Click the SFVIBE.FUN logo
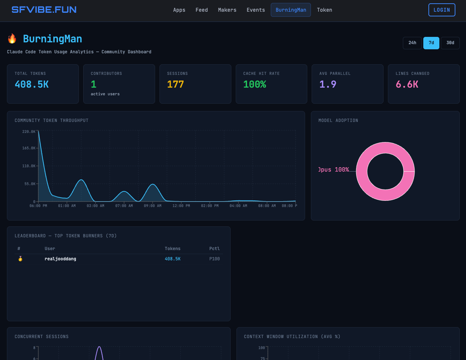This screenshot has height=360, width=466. pyautogui.click(x=44, y=10)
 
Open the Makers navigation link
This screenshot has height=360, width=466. pyautogui.click(x=227, y=10)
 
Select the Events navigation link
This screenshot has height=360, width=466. pyautogui.click(x=255, y=10)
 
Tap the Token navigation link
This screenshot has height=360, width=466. pyautogui.click(x=324, y=10)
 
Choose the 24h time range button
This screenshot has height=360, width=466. pyautogui.click(x=412, y=43)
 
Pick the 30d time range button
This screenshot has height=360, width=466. pyautogui.click(x=450, y=43)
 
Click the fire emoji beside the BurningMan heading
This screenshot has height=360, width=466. pyautogui.click(x=12, y=39)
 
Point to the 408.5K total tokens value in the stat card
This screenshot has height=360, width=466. pyautogui.click(x=31, y=84)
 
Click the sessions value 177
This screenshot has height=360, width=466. pyautogui.click(x=175, y=84)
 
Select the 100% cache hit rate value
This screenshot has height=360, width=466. pyautogui.click(x=254, y=84)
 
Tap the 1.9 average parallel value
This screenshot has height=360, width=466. pyautogui.click(x=328, y=84)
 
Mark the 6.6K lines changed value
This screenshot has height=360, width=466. pyautogui.click(x=407, y=84)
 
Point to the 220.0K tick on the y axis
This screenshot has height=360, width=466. pyautogui.click(x=29, y=131)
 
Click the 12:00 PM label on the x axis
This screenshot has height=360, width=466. pyautogui.click(x=181, y=206)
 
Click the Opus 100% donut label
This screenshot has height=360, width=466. pyautogui.click(x=334, y=170)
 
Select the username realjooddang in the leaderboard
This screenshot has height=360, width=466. pyautogui.click(x=60, y=259)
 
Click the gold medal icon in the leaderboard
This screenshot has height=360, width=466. pyautogui.click(x=20, y=259)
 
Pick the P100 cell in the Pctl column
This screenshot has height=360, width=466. pyautogui.click(x=214, y=259)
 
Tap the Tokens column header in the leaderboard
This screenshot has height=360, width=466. pyautogui.click(x=172, y=249)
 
